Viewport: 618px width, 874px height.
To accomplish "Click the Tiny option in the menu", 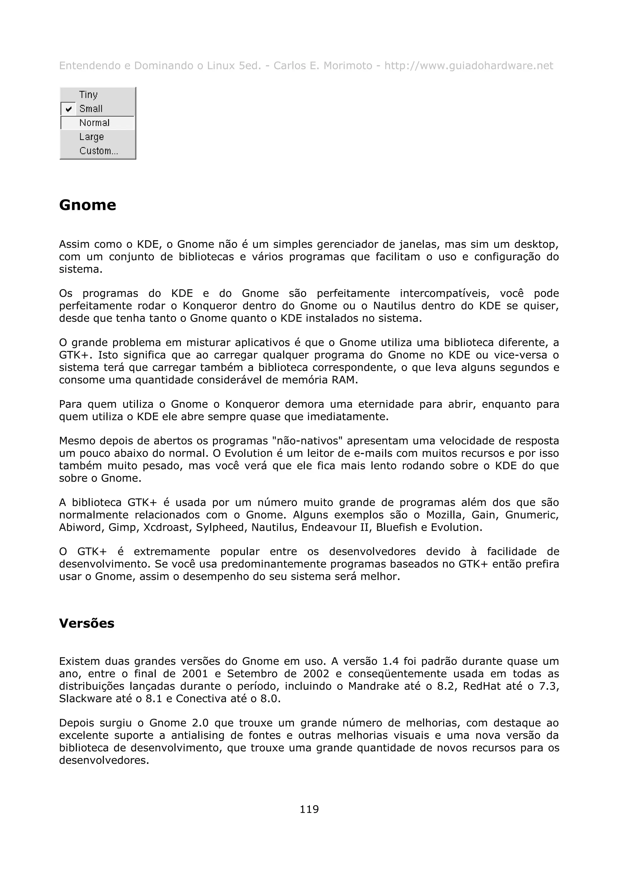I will point(88,94).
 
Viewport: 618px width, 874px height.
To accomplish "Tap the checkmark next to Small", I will point(68,109).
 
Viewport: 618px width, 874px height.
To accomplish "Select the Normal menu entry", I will point(94,123).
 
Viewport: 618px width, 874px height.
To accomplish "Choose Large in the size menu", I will point(91,137).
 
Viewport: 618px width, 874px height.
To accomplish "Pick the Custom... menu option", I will point(99,151).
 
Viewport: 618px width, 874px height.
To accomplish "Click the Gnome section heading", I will point(88,205).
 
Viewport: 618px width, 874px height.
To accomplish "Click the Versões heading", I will point(87,623).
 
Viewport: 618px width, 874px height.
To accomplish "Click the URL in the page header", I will point(468,66).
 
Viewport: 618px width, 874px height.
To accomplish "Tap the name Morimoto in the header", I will point(347,66).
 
